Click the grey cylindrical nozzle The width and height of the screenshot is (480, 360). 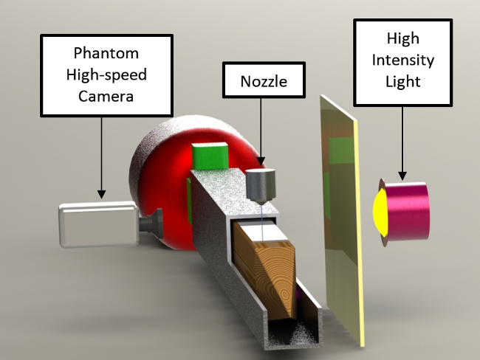tap(260, 185)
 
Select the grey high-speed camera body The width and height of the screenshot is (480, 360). tap(97, 222)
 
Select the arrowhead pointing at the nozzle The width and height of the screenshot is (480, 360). tap(261, 163)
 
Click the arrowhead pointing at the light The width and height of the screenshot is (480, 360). tap(402, 175)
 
